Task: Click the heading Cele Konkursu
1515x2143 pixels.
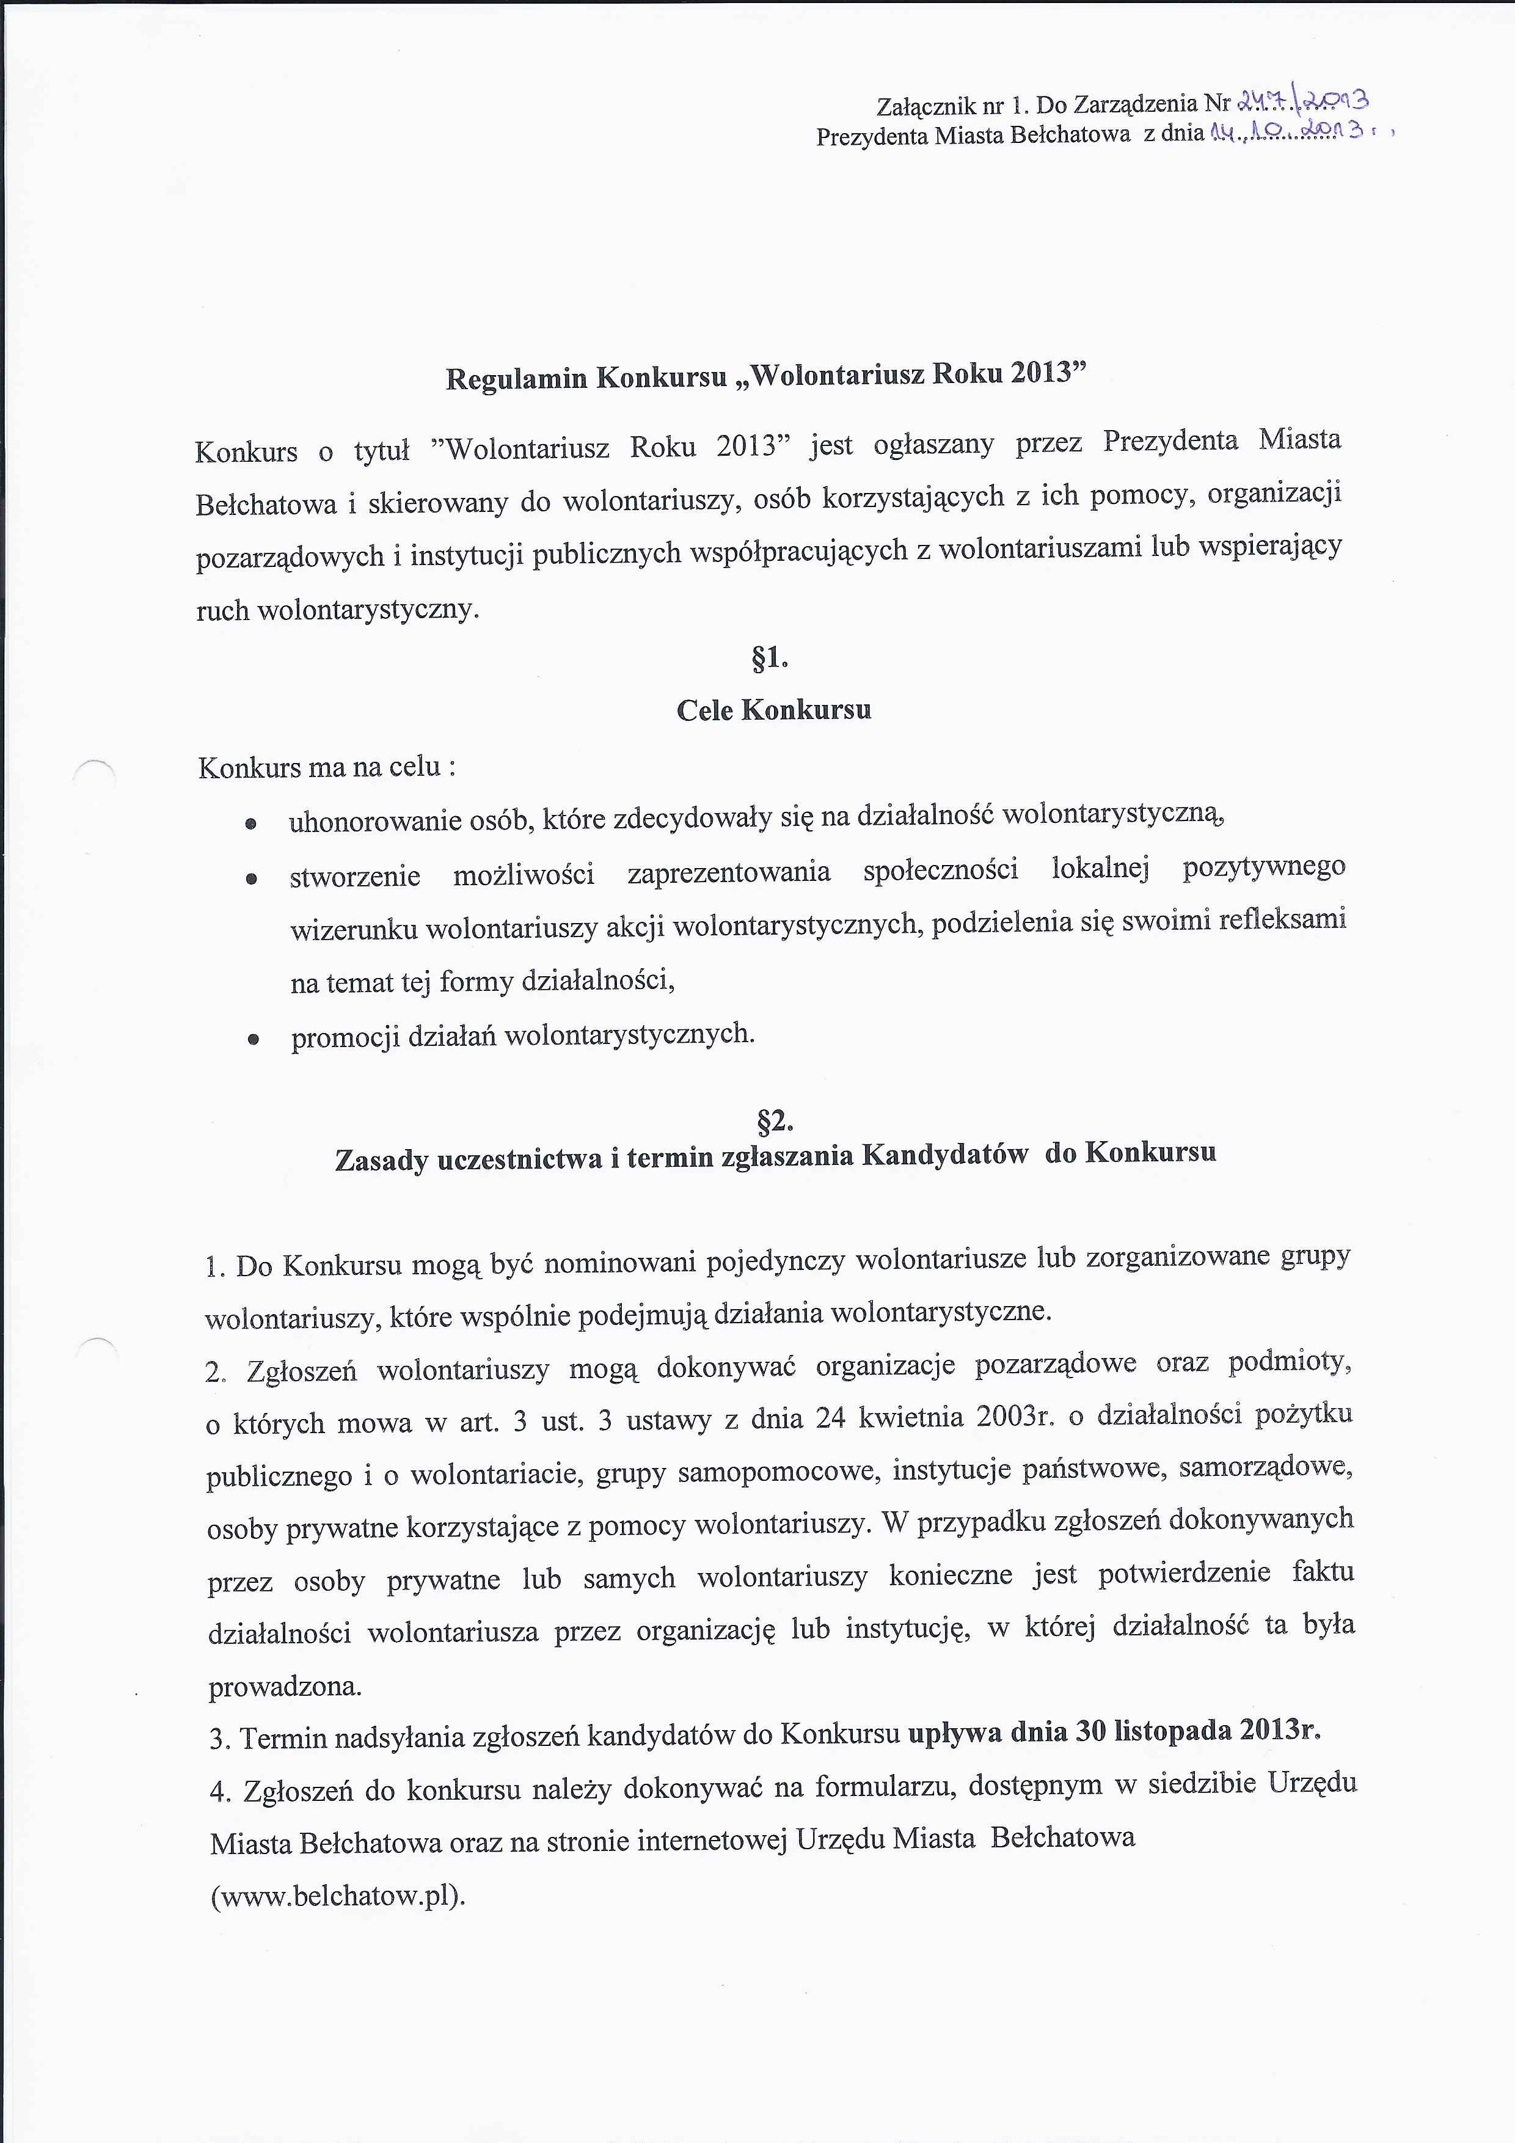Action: point(774,710)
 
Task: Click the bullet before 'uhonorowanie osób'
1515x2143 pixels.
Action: point(250,824)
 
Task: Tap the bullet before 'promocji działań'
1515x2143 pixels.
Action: point(252,1040)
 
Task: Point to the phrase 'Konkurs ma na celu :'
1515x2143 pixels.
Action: point(327,767)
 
